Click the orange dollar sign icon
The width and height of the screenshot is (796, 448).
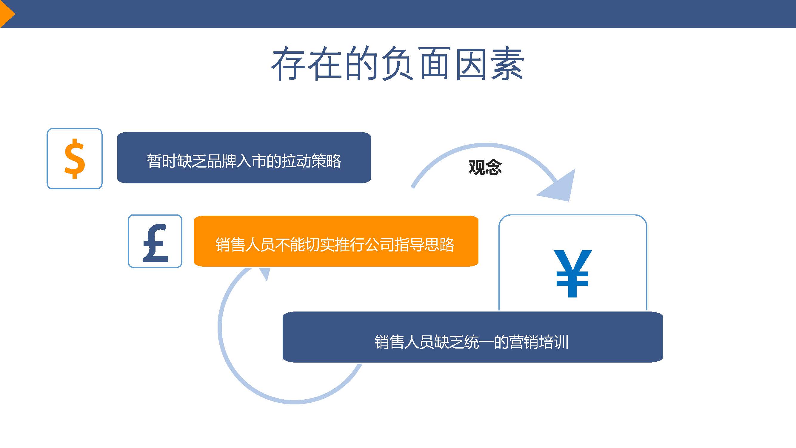pyautogui.click(x=75, y=159)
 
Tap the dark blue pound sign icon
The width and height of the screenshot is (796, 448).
pyautogui.click(x=155, y=243)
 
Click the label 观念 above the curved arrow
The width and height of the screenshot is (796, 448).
pyautogui.click(x=485, y=167)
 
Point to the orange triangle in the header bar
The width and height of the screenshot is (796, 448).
pyautogui.click(x=6, y=14)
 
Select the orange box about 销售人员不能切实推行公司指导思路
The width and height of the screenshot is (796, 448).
pyautogui.click(x=336, y=241)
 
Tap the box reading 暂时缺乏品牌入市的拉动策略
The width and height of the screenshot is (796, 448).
pyautogui.click(x=244, y=158)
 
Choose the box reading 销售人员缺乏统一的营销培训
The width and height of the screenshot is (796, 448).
pyautogui.click(x=472, y=337)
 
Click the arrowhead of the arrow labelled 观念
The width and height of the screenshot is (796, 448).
pyautogui.click(x=559, y=187)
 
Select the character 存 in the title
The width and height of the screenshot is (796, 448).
pyautogui.click(x=288, y=64)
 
